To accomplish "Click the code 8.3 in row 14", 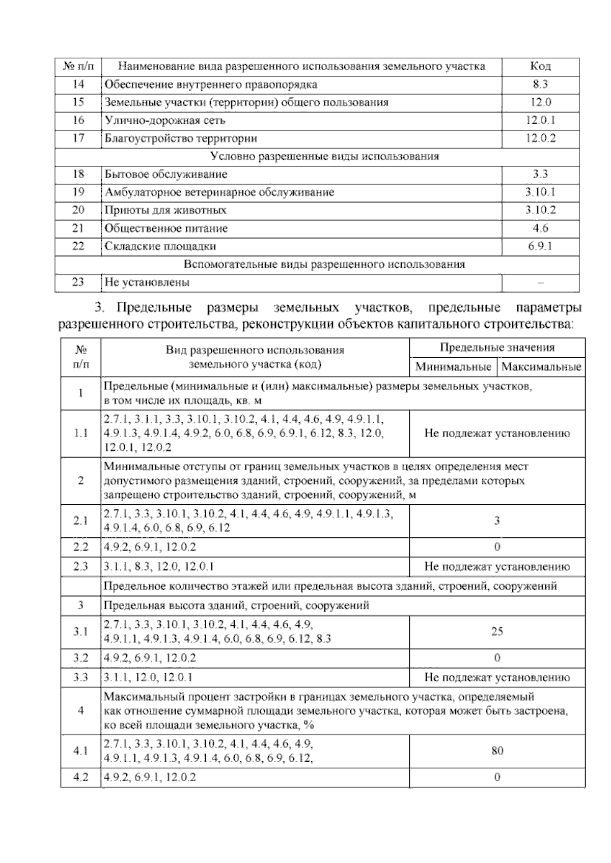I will coord(540,84).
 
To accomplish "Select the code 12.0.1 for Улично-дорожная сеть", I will coord(540,121).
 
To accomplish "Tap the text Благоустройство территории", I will coord(181,138).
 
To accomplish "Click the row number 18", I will coord(78,174).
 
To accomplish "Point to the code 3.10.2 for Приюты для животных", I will coord(540,210).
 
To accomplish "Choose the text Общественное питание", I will coord(166,228).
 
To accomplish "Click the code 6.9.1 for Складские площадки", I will coord(540,246).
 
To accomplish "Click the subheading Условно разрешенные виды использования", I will coord(324,156).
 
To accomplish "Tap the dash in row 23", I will coord(540,282).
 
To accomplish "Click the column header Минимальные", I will coord(453,367).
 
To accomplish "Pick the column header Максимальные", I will coord(541,367).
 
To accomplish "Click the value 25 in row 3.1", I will coord(497,631).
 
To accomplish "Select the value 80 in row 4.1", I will coord(497,751).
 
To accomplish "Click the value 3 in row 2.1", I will coord(497,521).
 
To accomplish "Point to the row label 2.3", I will coord(80,566).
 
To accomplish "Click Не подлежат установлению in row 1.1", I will coord(497,434).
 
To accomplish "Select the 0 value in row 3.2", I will coord(497,657).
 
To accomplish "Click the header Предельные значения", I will coord(497,348).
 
